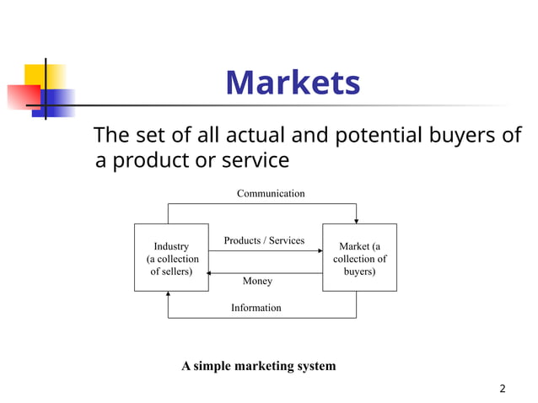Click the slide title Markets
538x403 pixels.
(x=293, y=83)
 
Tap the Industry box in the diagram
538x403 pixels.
(x=170, y=258)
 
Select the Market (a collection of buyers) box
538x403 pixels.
(x=359, y=258)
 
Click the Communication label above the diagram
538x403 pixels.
(x=271, y=194)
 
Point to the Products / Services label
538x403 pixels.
(x=264, y=241)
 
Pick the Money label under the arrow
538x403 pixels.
(x=257, y=281)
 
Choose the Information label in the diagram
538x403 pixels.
(x=256, y=308)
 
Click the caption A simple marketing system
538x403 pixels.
(x=258, y=366)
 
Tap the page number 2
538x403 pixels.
(x=503, y=389)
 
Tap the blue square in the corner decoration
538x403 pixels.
(x=55, y=102)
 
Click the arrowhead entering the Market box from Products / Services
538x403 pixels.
(x=320, y=250)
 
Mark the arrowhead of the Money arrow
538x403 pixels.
(x=212, y=273)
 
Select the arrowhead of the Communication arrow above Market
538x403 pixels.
(x=357, y=220)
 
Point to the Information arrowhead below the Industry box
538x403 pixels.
(x=169, y=295)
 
